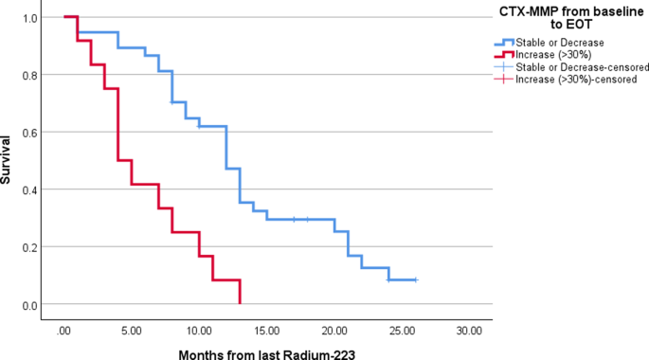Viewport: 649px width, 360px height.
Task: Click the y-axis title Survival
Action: tap(9, 161)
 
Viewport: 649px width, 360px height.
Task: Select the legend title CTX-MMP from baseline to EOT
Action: tap(566, 17)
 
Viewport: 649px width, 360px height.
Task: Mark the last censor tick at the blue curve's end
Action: tap(415, 279)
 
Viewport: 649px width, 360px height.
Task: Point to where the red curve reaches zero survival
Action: tap(241, 303)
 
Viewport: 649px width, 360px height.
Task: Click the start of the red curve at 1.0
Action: tap(64, 17)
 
